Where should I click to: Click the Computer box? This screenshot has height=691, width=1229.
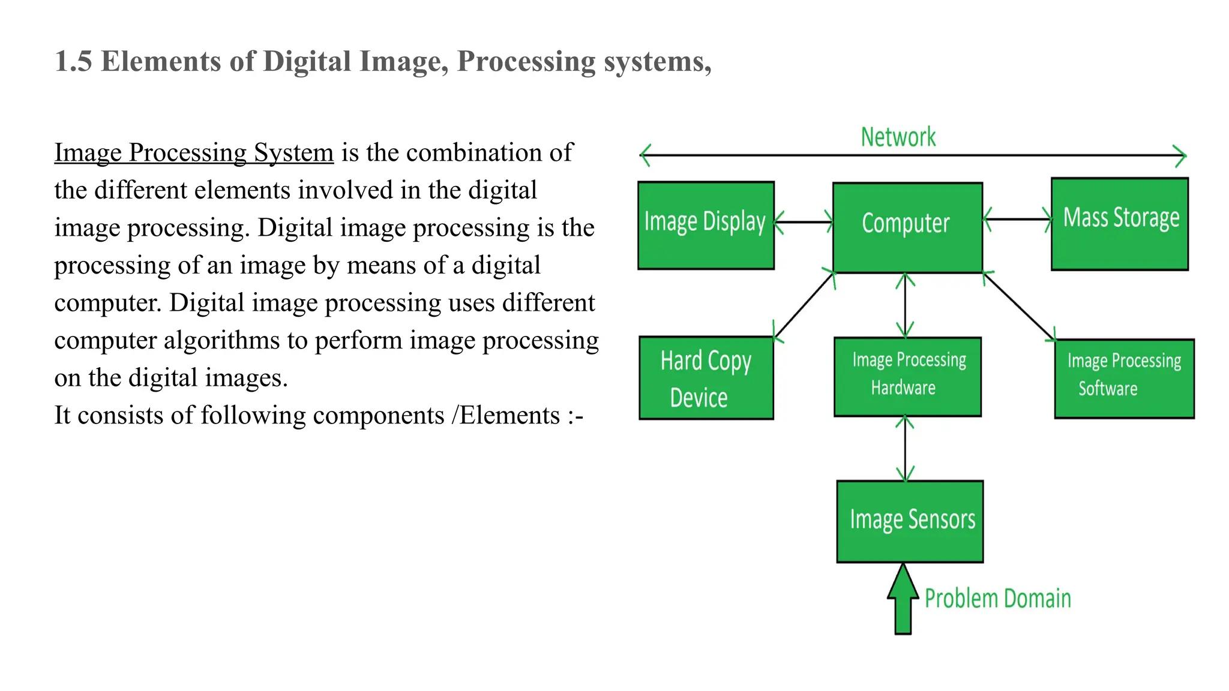point(907,227)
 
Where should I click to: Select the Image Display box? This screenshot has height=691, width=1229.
point(706,225)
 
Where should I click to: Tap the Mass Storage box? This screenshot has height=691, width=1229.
point(1120,224)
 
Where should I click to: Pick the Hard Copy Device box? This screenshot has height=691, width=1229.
point(706,378)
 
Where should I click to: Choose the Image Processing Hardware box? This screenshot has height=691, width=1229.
point(907,377)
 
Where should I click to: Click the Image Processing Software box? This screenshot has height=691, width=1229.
point(1124,378)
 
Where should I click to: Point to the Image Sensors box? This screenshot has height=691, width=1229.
point(910,521)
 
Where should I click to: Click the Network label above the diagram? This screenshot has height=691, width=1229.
point(898,137)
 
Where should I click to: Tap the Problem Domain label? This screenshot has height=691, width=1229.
point(997,599)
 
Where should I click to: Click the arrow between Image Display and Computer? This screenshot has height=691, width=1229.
point(804,222)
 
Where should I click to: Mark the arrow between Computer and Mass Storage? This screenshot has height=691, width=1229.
point(1017,219)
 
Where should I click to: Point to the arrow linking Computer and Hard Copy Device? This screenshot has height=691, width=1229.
point(805,305)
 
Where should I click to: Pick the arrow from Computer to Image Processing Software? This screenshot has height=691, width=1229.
point(1019,307)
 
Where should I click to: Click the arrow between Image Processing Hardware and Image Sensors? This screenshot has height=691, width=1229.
point(905,449)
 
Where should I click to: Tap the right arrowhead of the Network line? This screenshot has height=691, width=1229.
point(1180,156)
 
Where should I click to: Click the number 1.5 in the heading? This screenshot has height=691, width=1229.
point(73,62)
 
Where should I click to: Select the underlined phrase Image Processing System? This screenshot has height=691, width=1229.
point(194,153)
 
